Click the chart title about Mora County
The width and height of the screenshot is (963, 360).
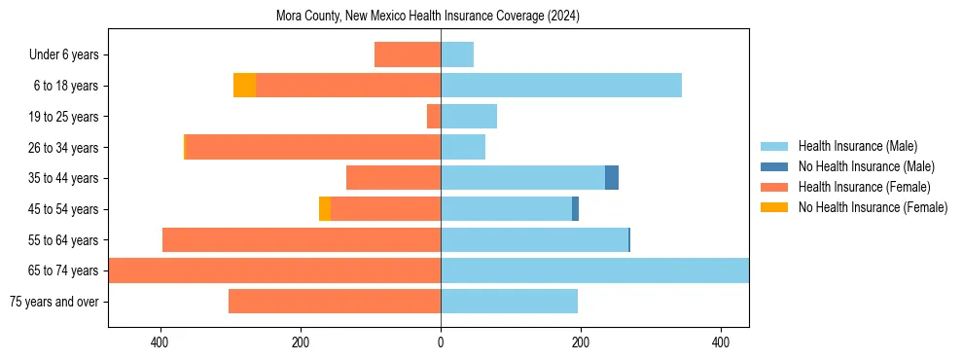[x=441, y=16]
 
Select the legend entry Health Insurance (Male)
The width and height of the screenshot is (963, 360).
[x=857, y=146]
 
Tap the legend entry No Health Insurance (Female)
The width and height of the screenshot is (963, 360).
[x=873, y=207]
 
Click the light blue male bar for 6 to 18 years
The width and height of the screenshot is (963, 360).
[x=561, y=86]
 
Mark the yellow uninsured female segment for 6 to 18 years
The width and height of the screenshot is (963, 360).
[x=245, y=86]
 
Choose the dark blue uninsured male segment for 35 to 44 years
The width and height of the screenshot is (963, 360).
[x=612, y=178]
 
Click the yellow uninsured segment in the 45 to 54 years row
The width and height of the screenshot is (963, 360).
[x=325, y=209]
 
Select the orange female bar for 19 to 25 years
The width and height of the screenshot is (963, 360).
[x=434, y=117]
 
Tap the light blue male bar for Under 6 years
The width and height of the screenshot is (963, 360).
[x=457, y=55]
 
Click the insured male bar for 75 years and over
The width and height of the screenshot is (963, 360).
[x=510, y=302]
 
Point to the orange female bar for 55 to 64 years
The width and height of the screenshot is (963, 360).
[x=302, y=240]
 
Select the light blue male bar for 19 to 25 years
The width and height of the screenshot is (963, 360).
[x=469, y=117]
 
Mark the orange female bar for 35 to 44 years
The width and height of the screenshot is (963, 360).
[x=394, y=178]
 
